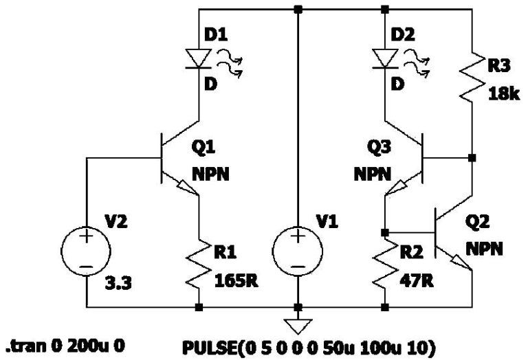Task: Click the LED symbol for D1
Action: pos(199,58)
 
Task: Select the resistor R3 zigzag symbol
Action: pos(472,78)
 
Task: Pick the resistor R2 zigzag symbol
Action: pos(384,264)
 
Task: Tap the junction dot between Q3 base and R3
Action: pos(472,158)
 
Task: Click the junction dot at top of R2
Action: pos(384,232)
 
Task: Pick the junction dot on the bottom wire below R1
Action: pos(199,306)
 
